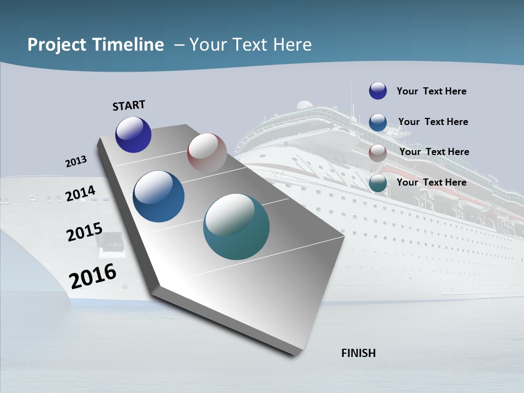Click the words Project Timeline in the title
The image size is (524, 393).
pos(96,45)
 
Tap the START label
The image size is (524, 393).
pos(129,105)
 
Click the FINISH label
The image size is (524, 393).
pos(358,353)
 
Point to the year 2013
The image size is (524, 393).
pos(76,162)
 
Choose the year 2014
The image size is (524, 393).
pos(80,194)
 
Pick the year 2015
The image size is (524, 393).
pos(85,232)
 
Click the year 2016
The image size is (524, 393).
pos(93,276)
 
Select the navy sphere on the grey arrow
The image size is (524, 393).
pos(133,135)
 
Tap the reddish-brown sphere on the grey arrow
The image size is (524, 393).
pos(207,153)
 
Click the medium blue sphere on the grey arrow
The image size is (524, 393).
pos(159,196)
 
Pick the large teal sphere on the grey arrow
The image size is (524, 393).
pos(236,227)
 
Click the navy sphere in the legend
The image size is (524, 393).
pos(378,91)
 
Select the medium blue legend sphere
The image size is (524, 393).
pos(378,122)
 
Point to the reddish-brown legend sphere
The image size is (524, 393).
pos(378,153)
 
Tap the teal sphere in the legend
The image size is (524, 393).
pos(378,183)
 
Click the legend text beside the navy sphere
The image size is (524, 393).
pos(431,91)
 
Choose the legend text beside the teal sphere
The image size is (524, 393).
pos(431,182)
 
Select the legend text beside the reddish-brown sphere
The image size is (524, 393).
pos(434,152)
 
